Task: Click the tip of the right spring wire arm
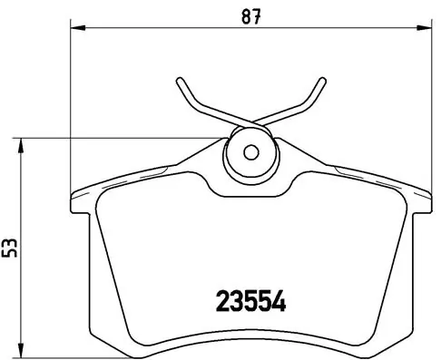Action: click(321, 78)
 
